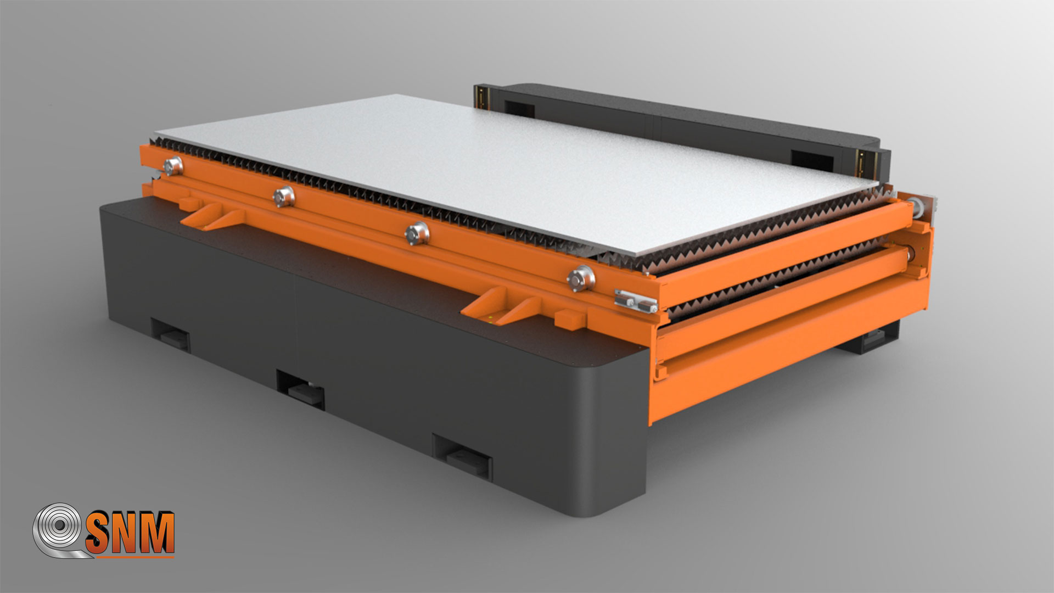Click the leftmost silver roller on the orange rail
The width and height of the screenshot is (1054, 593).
(x=173, y=165)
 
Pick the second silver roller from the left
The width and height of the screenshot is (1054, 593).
(x=284, y=196)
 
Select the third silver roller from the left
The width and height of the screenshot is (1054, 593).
(x=417, y=233)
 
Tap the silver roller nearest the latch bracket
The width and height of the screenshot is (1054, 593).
(x=581, y=278)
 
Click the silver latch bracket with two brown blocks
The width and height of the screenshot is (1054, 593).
(x=636, y=300)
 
